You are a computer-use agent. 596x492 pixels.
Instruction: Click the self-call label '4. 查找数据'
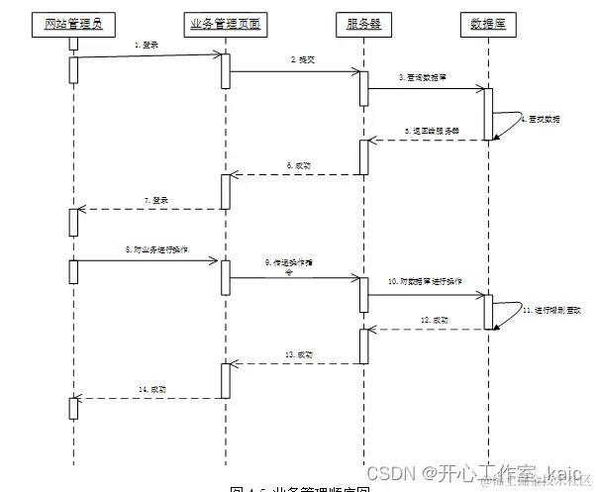click(544, 120)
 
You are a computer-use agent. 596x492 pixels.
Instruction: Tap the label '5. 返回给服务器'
click(427, 131)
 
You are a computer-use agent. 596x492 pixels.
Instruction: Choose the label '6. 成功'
click(297, 165)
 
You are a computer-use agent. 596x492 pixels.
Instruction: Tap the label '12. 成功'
click(435, 322)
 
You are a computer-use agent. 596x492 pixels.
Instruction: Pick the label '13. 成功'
click(298, 354)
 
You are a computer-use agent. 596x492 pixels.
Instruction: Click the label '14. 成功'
click(151, 389)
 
